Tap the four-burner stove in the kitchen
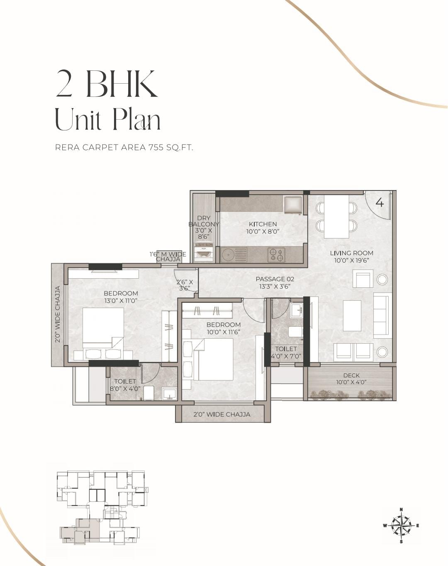point(276,255)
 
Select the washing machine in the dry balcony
point(203,253)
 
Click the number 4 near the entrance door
point(380,202)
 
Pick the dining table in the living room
point(336,217)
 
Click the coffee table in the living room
point(352,316)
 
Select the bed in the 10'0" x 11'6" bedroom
point(214,359)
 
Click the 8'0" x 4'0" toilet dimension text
point(125,389)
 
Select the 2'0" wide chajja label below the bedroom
point(222,414)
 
